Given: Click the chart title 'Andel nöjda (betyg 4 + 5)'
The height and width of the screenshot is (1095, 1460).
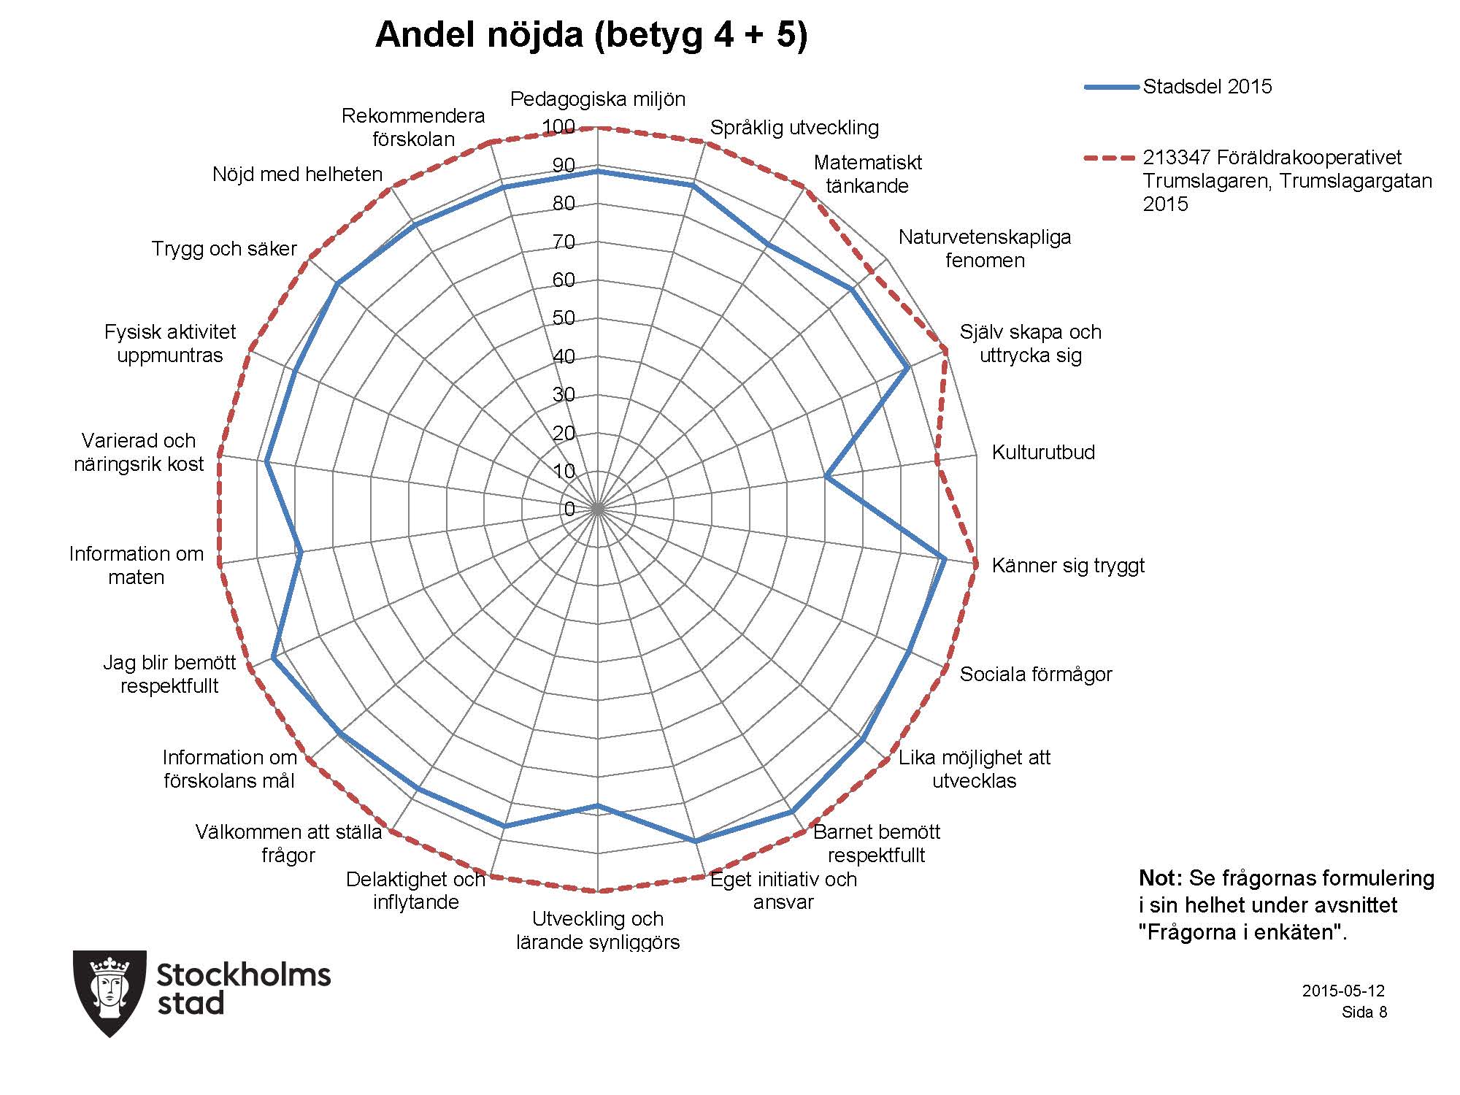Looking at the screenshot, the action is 591,34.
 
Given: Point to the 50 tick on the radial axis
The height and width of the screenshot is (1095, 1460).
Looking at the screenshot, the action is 564,318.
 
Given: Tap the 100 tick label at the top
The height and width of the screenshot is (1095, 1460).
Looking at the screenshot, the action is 559,127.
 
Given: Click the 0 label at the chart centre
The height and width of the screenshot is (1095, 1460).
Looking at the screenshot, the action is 569,510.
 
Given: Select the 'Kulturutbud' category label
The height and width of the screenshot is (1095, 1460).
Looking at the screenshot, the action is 1043,452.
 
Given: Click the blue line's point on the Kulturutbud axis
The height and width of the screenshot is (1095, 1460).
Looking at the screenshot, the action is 826,477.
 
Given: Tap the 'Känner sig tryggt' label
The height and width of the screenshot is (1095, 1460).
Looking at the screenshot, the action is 1068,566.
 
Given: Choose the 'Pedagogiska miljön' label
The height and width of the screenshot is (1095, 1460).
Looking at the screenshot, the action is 598,99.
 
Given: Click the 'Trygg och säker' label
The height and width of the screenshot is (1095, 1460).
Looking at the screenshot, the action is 224,249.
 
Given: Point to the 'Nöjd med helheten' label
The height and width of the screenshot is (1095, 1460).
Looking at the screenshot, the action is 298,174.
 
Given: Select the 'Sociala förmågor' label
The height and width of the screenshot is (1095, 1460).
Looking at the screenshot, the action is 1036,674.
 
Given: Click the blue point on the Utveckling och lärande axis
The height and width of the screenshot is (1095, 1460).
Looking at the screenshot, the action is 598,805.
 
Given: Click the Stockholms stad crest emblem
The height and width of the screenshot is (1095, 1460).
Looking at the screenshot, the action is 110,993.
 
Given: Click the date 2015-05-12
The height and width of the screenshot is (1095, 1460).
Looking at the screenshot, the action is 1343,991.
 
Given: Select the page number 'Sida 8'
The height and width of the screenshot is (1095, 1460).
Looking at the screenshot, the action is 1364,1013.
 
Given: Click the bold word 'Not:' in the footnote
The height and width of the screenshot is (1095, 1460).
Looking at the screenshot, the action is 1161,878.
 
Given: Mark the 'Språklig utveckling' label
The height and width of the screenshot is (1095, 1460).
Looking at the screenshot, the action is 794,128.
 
